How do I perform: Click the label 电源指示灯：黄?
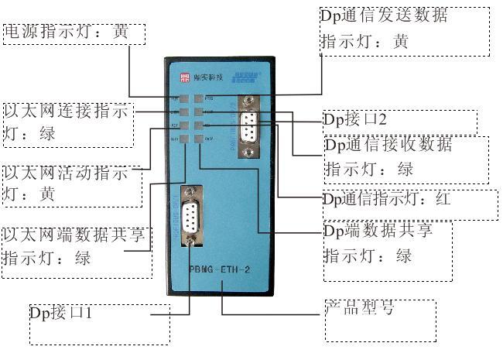pyautogui.click(x=67, y=33)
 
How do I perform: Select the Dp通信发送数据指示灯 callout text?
pyautogui.click(x=385, y=29)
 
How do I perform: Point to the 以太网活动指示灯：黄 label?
pyautogui.click(x=67, y=183)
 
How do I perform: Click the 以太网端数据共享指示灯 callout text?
pyautogui.click(x=74, y=246)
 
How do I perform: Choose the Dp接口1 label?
pyautogui.click(x=61, y=314)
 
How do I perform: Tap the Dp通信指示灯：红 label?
pyautogui.click(x=387, y=200)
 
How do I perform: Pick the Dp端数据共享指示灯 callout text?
pyautogui.click(x=378, y=243)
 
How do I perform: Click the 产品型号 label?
pyautogui.click(x=359, y=308)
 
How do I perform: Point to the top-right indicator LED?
pyautogui.click(x=199, y=100)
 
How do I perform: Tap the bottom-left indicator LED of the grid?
pyautogui.click(x=176, y=139)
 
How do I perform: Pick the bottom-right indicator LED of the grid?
pyautogui.click(x=199, y=139)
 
